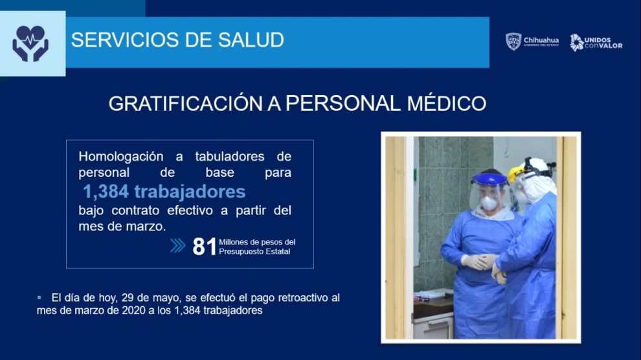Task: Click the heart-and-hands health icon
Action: pyautogui.click(x=30, y=43)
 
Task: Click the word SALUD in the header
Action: pyautogui.click(x=251, y=40)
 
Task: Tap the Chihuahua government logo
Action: pyautogui.click(x=532, y=41)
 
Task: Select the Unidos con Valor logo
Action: pyautogui.click(x=596, y=43)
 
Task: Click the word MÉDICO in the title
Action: pyautogui.click(x=446, y=103)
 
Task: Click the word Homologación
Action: pyautogui.click(x=121, y=157)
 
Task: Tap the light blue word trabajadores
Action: pyautogui.click(x=190, y=192)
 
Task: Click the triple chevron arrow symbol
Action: pyautogui.click(x=177, y=245)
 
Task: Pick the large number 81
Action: pyautogui.click(x=204, y=247)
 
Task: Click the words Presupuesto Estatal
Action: pyautogui.click(x=254, y=252)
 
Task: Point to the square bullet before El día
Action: pyautogui.click(x=39, y=298)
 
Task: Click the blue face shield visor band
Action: pyautogui.click(x=489, y=179)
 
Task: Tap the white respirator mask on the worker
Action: pyautogui.click(x=489, y=203)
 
